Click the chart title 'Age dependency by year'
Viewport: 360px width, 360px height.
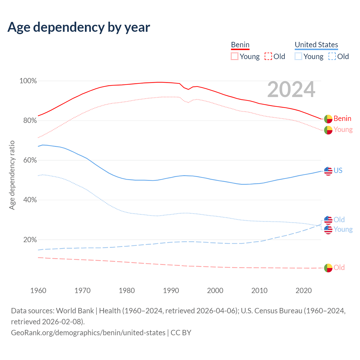[x=79, y=27]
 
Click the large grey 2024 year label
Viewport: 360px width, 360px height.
[x=291, y=89]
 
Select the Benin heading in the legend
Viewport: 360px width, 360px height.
[x=240, y=45]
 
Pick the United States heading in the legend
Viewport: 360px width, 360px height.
[x=316, y=45]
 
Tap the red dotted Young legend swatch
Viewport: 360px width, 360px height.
[x=235, y=57]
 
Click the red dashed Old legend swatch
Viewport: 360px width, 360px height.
[x=268, y=57]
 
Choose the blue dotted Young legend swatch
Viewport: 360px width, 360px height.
[x=298, y=57]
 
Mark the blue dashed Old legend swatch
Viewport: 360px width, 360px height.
[x=332, y=57]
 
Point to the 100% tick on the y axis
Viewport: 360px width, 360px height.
[x=28, y=81]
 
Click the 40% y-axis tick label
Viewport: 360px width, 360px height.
[x=28, y=200]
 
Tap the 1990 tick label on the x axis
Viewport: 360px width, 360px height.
[x=171, y=291]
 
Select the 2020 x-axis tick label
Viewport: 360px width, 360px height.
[x=303, y=291]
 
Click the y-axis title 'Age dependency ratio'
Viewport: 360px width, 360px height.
[x=12, y=175]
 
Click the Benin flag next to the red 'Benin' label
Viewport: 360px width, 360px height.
[x=328, y=119]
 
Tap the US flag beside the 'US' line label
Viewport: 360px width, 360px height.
[x=328, y=171]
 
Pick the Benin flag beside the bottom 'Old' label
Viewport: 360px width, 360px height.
[x=328, y=268]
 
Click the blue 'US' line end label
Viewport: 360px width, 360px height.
[x=338, y=171]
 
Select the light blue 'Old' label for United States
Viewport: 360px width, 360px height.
[x=339, y=220]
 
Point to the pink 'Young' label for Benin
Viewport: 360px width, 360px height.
[x=343, y=129]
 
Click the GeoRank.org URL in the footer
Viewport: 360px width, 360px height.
[x=88, y=333]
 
